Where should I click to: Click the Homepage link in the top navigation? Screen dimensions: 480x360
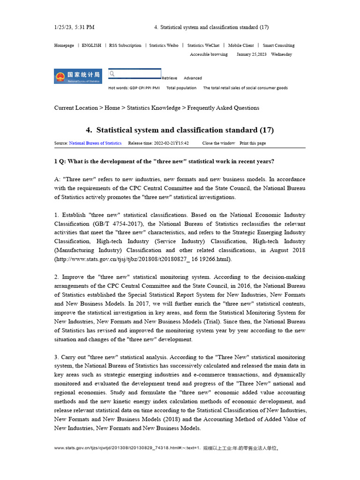(x=64, y=45)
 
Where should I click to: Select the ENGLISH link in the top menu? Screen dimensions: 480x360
(x=91, y=45)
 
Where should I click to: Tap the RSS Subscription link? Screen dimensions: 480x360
(x=125, y=45)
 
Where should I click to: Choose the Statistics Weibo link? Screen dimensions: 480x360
(x=164, y=45)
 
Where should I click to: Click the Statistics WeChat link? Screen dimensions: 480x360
(x=203, y=45)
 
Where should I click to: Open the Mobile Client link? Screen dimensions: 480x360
(x=241, y=45)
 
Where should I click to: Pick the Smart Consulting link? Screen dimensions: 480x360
(x=278, y=45)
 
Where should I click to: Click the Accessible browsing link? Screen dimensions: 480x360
(x=209, y=54)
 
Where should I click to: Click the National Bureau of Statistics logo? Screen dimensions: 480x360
(x=78, y=76)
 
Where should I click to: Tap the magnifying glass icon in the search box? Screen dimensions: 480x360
(x=112, y=74)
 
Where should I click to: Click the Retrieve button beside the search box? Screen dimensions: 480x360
(x=169, y=78)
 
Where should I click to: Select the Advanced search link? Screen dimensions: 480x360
(x=193, y=78)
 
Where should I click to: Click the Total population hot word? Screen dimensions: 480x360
(x=181, y=88)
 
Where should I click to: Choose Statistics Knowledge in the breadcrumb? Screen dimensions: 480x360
(x=154, y=108)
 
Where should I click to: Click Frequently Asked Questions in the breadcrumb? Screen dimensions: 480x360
(x=223, y=108)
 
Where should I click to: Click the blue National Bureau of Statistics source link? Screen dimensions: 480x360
(x=95, y=143)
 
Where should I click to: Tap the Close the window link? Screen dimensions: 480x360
(x=219, y=143)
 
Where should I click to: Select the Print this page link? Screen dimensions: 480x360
(x=253, y=143)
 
